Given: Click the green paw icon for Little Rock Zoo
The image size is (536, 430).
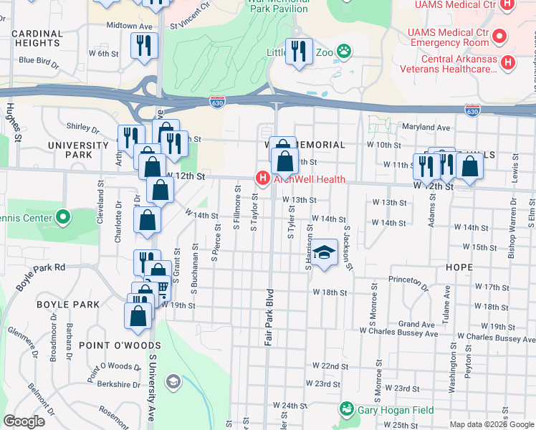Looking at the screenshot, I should pos(345,51).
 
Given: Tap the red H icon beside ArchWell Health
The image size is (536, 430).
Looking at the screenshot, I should pos(263,178).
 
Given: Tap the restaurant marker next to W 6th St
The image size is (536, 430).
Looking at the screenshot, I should pos(144,45).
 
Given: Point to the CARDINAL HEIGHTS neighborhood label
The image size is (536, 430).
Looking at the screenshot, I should pos(37,39).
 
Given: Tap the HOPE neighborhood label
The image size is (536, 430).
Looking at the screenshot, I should pos(459,266).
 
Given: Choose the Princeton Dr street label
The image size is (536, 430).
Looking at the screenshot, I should pos(408,279).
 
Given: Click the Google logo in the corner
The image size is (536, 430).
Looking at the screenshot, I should pos(24,421).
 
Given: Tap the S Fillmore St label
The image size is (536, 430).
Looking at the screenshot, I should pos(236,208).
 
